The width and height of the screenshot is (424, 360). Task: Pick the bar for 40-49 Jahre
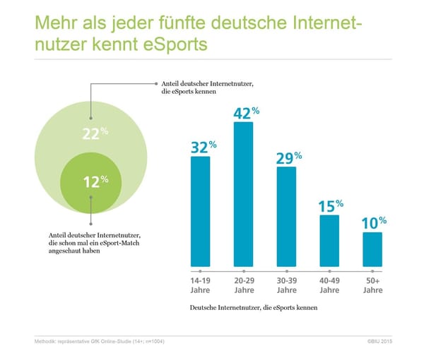coord(329,240)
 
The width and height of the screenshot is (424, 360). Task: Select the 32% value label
coord(203,147)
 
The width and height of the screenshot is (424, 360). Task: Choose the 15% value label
coord(330,206)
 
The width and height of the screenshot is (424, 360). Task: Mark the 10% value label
coord(374,223)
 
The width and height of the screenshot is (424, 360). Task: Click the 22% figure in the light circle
coord(95,135)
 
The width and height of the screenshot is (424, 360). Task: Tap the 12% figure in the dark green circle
coord(95,182)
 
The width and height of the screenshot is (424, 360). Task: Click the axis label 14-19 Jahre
coord(201,285)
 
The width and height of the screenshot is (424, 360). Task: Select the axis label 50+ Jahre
coord(372,285)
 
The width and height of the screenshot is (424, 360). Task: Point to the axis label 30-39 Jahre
coord(286,285)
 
